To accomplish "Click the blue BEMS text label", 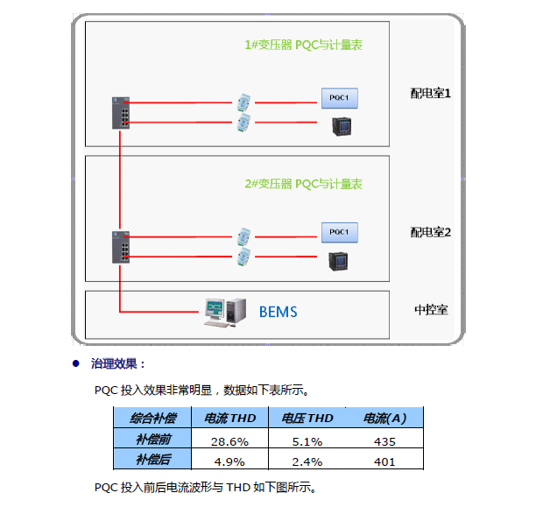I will coord(278,311).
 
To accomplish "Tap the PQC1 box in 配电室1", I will coord(340,97).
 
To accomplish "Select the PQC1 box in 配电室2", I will coord(340,232).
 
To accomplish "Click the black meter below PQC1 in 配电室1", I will coord(340,125).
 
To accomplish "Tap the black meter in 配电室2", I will coord(338,260).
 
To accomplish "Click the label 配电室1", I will coord(430,92).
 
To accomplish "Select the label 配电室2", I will coord(430,232).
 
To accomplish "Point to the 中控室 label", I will coord(431,310).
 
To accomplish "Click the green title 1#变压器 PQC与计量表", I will coord(303,45).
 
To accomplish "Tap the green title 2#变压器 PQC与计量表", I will coord(303,184).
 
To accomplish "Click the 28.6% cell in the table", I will coord(229,440).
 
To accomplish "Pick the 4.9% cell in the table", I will coord(229,461).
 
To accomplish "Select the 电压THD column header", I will coord(307,419).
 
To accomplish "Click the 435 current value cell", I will coord(384,440).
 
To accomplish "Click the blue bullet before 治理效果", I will coord(76,363).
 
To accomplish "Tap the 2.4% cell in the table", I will coord(307,461).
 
